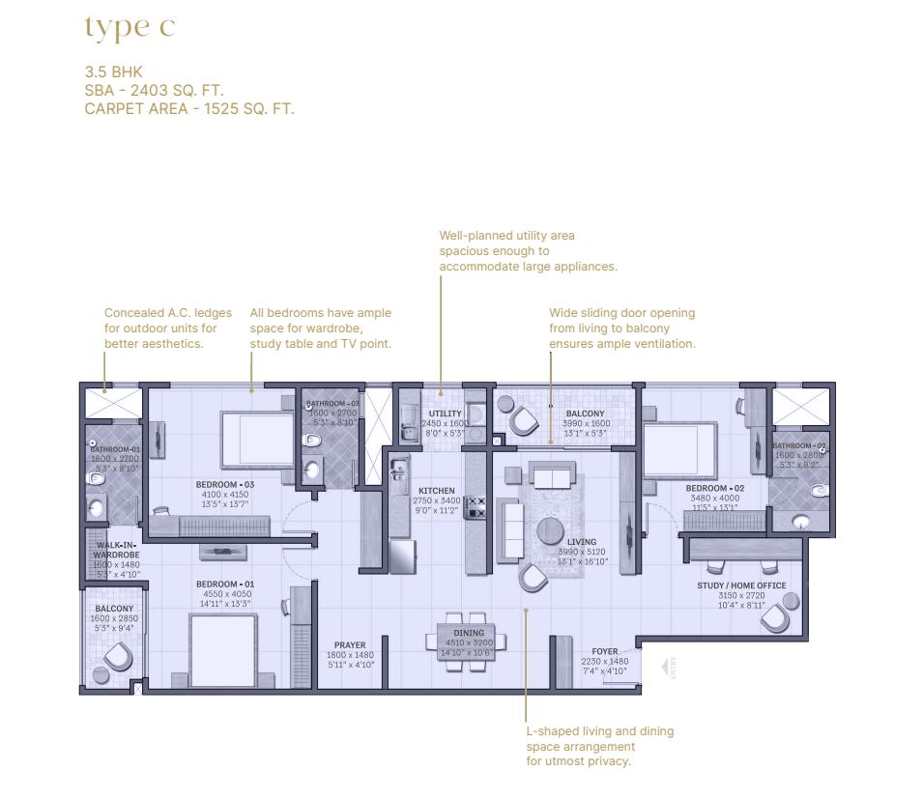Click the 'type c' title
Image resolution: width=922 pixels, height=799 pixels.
(130, 28)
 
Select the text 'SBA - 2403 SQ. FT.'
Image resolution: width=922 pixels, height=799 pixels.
(154, 90)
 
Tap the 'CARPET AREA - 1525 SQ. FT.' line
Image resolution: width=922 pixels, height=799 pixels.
(188, 108)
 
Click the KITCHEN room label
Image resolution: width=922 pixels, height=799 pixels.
(436, 491)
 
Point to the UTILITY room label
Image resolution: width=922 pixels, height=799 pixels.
(446, 414)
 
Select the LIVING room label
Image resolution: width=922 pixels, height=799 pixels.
(582, 542)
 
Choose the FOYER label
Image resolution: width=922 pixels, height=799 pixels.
(604, 652)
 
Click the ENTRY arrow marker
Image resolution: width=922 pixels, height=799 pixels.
(666, 667)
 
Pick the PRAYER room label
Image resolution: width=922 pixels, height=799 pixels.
(349, 645)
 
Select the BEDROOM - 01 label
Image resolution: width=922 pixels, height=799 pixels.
(224, 585)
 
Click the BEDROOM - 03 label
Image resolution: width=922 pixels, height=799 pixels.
(224, 484)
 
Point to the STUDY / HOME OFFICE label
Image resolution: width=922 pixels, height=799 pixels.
(741, 585)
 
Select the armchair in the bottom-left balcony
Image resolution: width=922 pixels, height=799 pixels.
(119, 656)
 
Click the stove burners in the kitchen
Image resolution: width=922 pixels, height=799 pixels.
(475, 507)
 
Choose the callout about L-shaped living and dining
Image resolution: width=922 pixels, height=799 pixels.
(599, 746)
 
